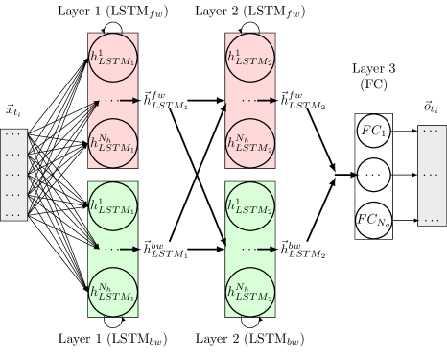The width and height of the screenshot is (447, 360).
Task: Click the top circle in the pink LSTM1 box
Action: pos(113,57)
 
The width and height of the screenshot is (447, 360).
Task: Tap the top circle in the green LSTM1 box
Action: pos(113,205)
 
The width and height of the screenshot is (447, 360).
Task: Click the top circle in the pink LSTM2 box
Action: pos(250,57)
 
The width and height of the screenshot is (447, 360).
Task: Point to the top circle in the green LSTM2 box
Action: pos(250,205)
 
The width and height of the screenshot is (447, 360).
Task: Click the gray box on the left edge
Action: pos(13,175)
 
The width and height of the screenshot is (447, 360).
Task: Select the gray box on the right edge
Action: pos(432,175)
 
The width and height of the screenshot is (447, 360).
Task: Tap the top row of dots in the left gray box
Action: pos(12,134)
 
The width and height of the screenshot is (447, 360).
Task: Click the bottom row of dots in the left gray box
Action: pos(12,214)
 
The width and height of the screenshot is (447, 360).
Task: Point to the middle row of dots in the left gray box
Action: pos(12,175)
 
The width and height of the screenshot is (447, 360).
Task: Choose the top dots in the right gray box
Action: pos(431,131)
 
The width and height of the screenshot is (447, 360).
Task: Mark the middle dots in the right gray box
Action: pos(431,176)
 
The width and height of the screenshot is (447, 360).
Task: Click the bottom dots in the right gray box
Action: pos(431,219)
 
